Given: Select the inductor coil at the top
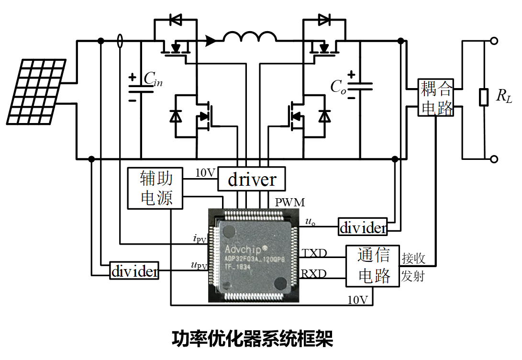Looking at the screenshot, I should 250,37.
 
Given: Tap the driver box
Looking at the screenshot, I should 252,180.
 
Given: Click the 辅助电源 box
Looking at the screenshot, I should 155,188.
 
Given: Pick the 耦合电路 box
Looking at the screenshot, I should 436,98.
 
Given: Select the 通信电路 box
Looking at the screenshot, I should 373,266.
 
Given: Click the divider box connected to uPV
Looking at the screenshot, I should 134,271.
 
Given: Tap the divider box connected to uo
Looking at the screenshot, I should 363,227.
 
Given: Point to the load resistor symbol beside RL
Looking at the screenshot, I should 484,98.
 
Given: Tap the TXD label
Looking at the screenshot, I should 314,252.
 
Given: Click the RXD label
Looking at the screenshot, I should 314,274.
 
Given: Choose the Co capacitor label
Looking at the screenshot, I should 338,86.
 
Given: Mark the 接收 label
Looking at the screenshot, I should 413,259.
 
